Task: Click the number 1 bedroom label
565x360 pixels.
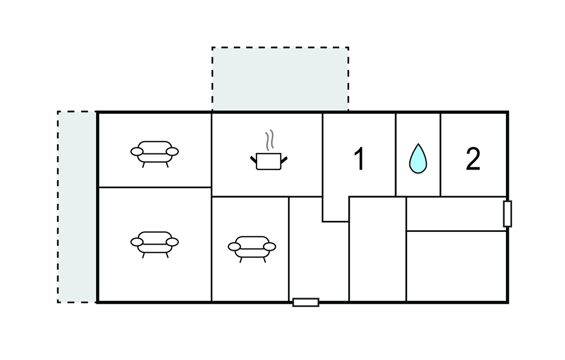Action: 359,158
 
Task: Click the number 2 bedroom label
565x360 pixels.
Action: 473,158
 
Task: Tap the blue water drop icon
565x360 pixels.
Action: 418,158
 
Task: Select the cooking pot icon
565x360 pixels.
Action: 269,161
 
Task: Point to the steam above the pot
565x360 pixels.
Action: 269,140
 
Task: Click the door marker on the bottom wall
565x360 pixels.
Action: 306,302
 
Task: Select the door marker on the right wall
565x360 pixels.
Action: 508,214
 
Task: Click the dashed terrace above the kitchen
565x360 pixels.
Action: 280,79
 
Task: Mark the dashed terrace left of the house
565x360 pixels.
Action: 77,207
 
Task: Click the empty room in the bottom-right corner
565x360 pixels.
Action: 456,266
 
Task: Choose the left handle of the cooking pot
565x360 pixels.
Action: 253,160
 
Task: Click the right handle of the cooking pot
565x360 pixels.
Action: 284,160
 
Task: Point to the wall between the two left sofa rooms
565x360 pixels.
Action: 154,187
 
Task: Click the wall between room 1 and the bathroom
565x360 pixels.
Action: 396,155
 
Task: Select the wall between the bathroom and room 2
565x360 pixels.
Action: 440,155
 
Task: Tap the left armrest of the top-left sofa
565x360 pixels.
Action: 137,151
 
